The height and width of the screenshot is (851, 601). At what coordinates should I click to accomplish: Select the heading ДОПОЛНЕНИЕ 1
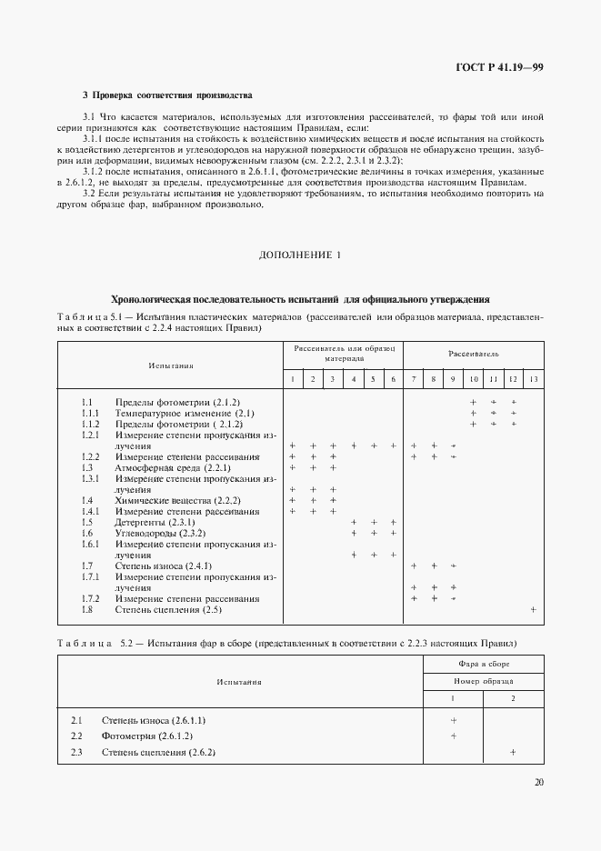pyautogui.click(x=300, y=255)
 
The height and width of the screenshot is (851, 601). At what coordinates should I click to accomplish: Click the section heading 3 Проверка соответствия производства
pyautogui.click(x=167, y=95)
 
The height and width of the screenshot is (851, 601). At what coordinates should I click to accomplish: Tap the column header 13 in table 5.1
pyautogui.click(x=533, y=378)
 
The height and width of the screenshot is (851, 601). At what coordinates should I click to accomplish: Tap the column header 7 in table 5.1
pyautogui.click(x=414, y=378)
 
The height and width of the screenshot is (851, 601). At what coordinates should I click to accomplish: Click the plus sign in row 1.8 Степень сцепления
pyautogui.click(x=533, y=609)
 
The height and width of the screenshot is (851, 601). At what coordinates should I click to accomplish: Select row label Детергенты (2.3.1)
pyautogui.click(x=155, y=522)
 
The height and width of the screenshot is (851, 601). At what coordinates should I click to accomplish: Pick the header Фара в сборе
pyautogui.click(x=483, y=665)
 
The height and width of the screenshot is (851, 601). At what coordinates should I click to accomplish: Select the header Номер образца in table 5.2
pyautogui.click(x=483, y=680)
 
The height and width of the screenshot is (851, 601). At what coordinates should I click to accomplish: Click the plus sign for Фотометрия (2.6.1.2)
pyautogui.click(x=453, y=736)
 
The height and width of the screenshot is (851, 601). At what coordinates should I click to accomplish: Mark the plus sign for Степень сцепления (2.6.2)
pyautogui.click(x=513, y=752)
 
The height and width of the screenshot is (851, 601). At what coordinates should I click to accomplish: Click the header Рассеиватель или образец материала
pyautogui.click(x=343, y=354)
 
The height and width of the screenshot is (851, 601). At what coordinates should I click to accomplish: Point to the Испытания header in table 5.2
pyautogui.click(x=239, y=680)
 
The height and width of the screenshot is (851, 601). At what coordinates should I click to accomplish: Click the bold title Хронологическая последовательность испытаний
pyautogui.click(x=300, y=298)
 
